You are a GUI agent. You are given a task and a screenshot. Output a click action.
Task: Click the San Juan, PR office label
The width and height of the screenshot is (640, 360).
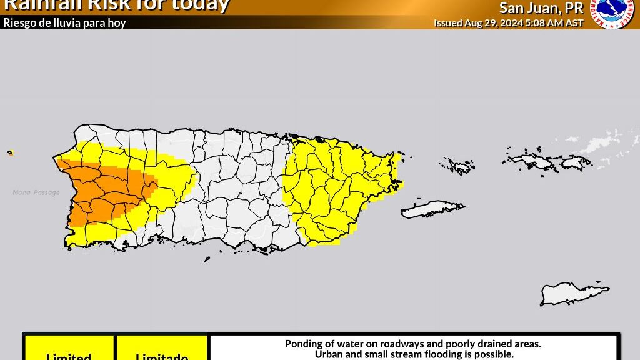pyautogui.click(x=541, y=8)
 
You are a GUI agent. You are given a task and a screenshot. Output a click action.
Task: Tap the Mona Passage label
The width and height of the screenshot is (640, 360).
pyautogui.click(x=36, y=192)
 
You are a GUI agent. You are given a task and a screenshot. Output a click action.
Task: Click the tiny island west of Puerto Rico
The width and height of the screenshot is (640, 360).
pyautogui.click(x=10, y=152)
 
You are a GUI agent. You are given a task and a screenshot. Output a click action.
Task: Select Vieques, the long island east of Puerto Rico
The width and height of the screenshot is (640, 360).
pyautogui.click(x=432, y=209)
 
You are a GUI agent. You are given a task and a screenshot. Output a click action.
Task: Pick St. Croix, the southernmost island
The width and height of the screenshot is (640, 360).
pyautogui.click(x=572, y=292)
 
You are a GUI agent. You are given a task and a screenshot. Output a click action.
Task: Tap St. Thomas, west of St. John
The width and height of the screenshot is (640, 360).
pyautogui.click(x=531, y=161)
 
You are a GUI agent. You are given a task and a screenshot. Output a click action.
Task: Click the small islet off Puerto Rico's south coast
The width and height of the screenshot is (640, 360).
pyautogui.click(x=207, y=259)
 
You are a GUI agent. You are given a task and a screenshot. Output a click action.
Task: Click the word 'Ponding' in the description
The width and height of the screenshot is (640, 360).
pyautogui.click(x=304, y=344)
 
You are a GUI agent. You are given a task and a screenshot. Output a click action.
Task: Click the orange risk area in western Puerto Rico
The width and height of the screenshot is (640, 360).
pyautogui.click(x=100, y=191)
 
